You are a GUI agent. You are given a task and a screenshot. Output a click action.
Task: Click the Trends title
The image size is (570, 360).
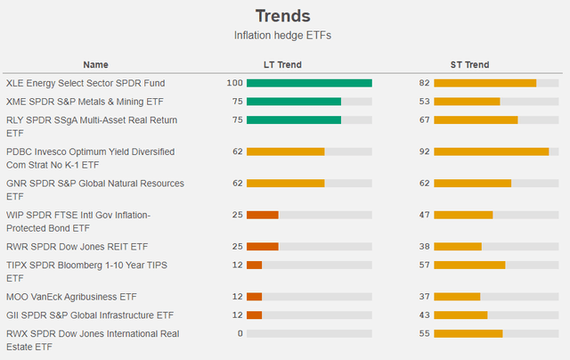click(x=283, y=16)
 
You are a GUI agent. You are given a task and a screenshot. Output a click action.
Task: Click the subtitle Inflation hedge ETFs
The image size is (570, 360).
click(x=283, y=36)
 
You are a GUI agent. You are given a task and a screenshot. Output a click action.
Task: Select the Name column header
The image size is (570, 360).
click(x=95, y=64)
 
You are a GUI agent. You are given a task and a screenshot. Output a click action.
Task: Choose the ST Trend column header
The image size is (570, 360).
click(x=469, y=64)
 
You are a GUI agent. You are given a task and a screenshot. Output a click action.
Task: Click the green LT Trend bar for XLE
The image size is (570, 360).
click(x=309, y=83)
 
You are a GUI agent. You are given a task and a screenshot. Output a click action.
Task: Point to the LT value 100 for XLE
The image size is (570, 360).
click(x=234, y=83)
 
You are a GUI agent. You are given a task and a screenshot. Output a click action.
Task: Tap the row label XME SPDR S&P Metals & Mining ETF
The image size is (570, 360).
click(x=85, y=102)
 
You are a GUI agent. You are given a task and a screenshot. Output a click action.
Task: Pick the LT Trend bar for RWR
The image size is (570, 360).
click(x=262, y=247)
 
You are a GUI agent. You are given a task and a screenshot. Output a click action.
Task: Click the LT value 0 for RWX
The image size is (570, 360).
click(x=240, y=333)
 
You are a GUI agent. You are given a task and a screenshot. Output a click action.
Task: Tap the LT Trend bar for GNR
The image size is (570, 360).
click(x=285, y=184)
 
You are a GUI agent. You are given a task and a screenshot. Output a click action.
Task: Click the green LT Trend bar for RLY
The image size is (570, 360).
click(x=294, y=120)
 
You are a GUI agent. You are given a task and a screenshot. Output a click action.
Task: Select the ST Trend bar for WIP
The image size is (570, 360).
click(x=463, y=215)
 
